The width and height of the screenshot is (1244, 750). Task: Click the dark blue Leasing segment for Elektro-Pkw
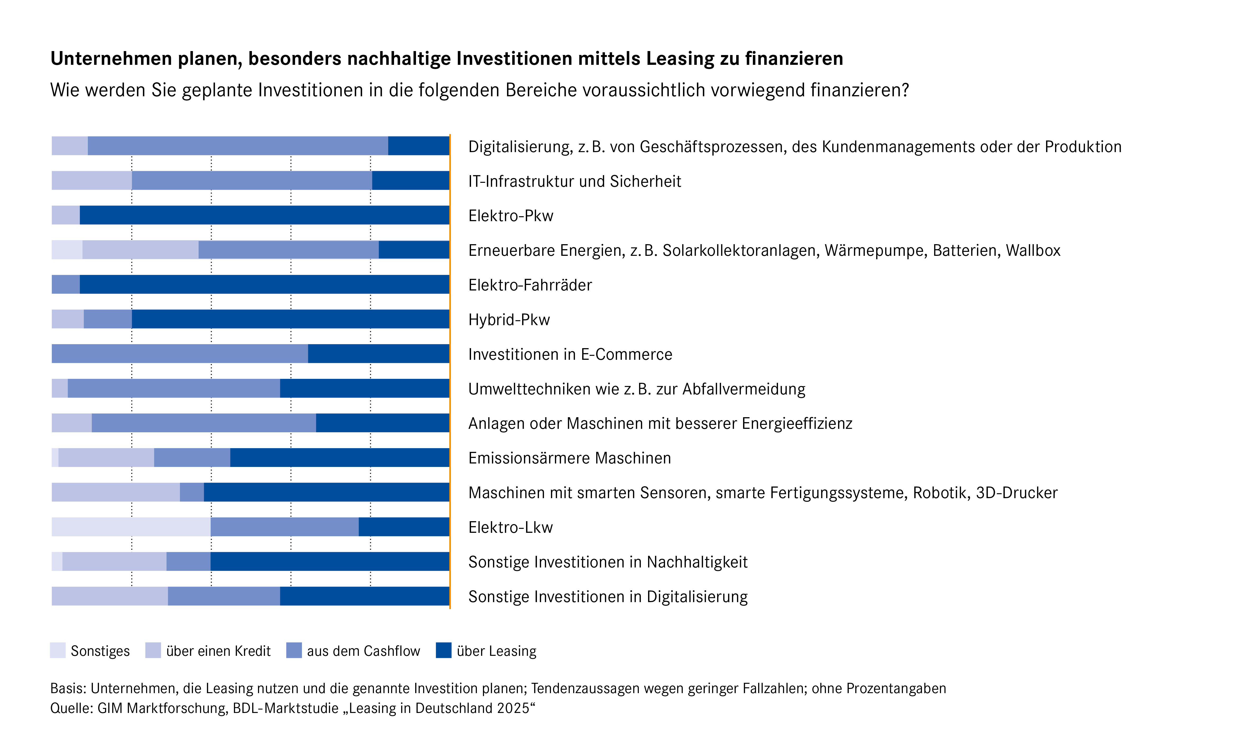[x=265, y=215]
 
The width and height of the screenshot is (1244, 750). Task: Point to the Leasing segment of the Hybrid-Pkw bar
[x=290, y=319]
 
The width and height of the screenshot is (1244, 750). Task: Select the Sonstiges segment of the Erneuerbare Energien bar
[x=67, y=250]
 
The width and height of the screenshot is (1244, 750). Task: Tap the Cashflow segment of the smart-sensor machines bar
[x=192, y=492]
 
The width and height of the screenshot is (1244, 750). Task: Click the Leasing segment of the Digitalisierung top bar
[x=419, y=146]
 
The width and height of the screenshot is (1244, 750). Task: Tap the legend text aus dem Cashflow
[x=364, y=651]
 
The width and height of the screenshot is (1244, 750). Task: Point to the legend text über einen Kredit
[x=219, y=651]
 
